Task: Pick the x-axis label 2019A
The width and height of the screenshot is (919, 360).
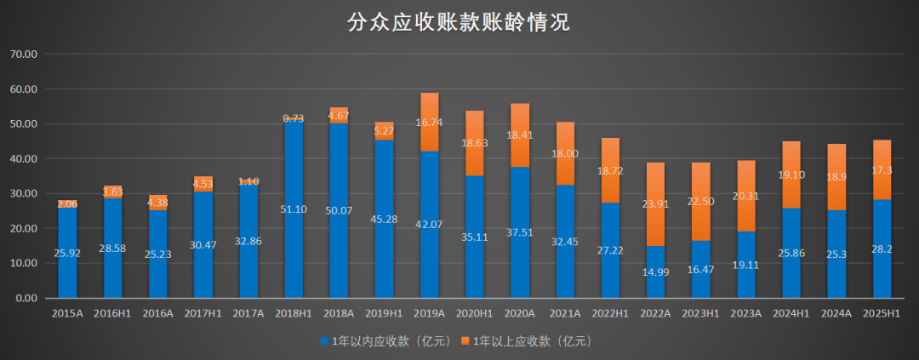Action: tap(429, 313)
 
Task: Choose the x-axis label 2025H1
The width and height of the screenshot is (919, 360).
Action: tap(882, 313)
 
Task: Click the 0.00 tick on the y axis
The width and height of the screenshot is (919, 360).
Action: tap(26, 299)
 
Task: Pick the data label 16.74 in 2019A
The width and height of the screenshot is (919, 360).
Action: tap(429, 123)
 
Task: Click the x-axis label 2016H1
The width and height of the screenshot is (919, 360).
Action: tap(113, 313)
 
